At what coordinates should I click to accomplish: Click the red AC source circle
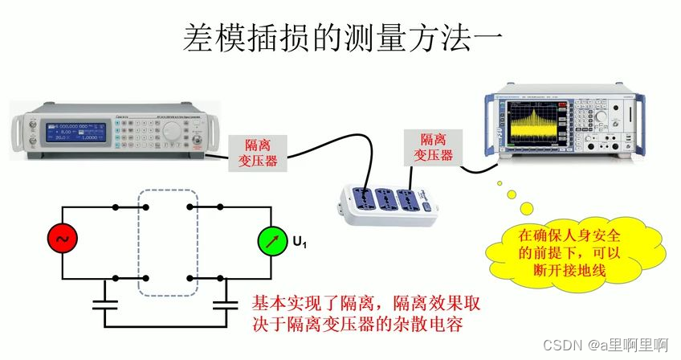tap(62, 239)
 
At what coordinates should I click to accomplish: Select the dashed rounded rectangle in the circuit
tap(168, 242)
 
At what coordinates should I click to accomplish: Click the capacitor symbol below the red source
tap(104, 305)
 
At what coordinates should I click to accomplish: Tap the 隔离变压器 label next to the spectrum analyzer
tap(433, 148)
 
